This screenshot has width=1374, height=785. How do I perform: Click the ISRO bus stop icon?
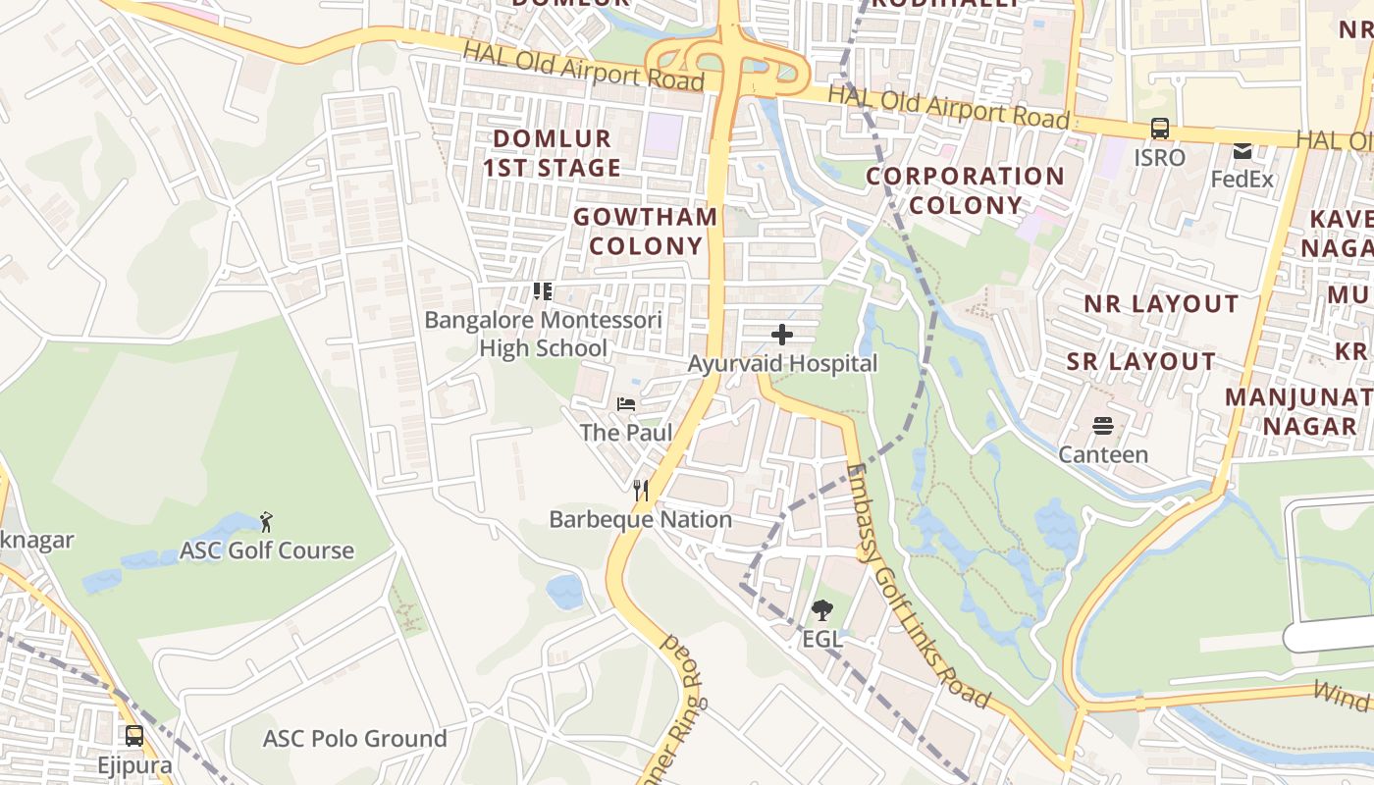(x=1159, y=129)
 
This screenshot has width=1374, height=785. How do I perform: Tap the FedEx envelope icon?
(x=1242, y=151)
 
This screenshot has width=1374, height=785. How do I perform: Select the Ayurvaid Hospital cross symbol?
(x=782, y=336)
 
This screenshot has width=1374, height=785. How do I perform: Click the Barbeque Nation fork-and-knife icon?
(x=641, y=491)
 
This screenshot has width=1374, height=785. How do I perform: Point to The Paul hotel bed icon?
(x=626, y=403)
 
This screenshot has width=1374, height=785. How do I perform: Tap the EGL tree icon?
(x=821, y=610)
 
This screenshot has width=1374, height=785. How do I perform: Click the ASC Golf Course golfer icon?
(x=266, y=521)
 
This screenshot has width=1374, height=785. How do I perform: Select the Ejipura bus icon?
(x=134, y=736)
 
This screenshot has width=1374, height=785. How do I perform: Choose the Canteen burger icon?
(x=1103, y=426)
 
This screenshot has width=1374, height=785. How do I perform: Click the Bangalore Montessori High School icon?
(x=543, y=290)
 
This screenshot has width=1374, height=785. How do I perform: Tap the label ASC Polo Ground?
(x=354, y=739)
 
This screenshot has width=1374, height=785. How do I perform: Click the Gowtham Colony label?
(x=646, y=232)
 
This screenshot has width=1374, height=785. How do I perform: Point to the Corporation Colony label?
(x=965, y=190)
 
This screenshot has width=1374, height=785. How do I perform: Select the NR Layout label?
(x=1161, y=304)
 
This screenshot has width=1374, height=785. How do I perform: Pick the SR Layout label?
(x=1141, y=362)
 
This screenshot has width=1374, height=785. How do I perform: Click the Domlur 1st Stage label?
(x=552, y=153)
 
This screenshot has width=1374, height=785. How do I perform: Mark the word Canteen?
(x=1103, y=454)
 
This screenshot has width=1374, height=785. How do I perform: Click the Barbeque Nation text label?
(x=641, y=519)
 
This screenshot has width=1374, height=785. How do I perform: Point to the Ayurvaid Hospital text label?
(x=782, y=364)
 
